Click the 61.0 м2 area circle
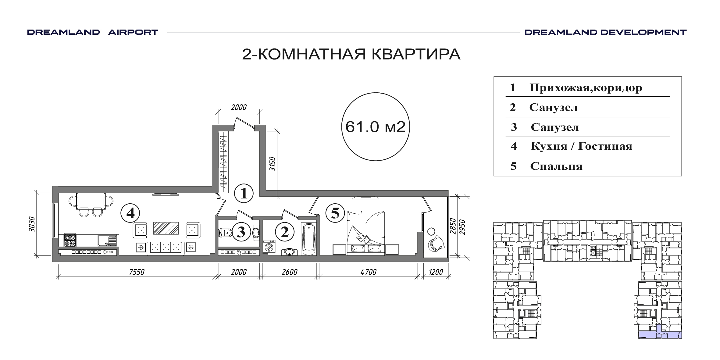pos(375,93)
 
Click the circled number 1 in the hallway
pos(244,193)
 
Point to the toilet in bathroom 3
pos(225,233)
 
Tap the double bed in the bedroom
pos(365,232)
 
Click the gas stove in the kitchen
pos(70,240)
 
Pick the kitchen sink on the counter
pos(107,241)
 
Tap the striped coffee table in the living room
pos(166,228)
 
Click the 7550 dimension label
pos(137,272)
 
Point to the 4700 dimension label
pos(369,272)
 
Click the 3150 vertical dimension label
pos(273,164)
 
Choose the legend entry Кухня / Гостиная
pos(581,146)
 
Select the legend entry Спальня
pos(556,166)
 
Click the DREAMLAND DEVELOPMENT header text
pos(605,32)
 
